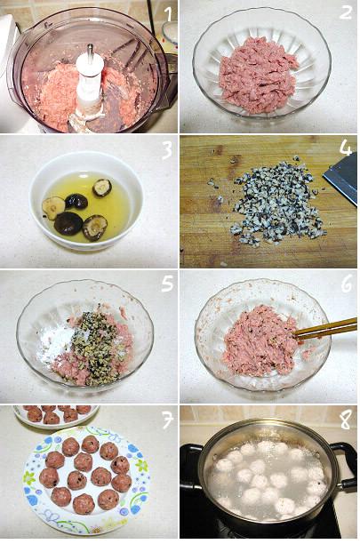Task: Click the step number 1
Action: coord(168,14)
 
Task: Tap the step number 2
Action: coord(346,12)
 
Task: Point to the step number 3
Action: coord(167,150)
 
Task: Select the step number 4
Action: coord(346,148)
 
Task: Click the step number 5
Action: coord(167,284)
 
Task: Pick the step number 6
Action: coord(347,284)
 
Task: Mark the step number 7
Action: coord(167,420)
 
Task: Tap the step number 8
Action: coord(346,420)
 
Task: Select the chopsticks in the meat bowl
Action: coord(326,329)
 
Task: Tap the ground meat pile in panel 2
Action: coord(258,75)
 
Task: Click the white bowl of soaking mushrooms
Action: coord(86,201)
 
